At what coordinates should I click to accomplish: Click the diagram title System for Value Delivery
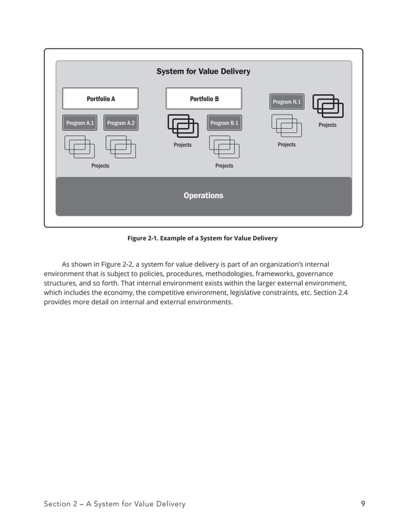[203, 72]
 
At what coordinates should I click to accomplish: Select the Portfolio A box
[100, 99]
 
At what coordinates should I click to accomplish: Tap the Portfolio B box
[204, 99]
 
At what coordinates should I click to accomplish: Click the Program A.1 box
[80, 123]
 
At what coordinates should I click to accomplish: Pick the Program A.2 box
[121, 123]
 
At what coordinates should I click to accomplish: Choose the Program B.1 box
[224, 123]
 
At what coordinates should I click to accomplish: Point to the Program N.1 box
[287, 102]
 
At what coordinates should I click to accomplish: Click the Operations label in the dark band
[203, 196]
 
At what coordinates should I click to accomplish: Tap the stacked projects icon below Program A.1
[79, 147]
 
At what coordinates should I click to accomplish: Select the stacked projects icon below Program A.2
[121, 147]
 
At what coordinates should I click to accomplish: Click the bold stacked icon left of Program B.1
[183, 126]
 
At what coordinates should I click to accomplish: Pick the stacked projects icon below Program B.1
[224, 147]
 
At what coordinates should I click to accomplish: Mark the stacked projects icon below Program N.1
[286, 126]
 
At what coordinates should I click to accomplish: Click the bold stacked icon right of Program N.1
[328, 105]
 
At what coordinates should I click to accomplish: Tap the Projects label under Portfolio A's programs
[100, 166]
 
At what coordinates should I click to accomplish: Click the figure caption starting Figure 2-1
[202, 238]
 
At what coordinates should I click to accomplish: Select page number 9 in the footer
[362, 504]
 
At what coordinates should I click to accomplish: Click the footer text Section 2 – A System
[114, 504]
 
